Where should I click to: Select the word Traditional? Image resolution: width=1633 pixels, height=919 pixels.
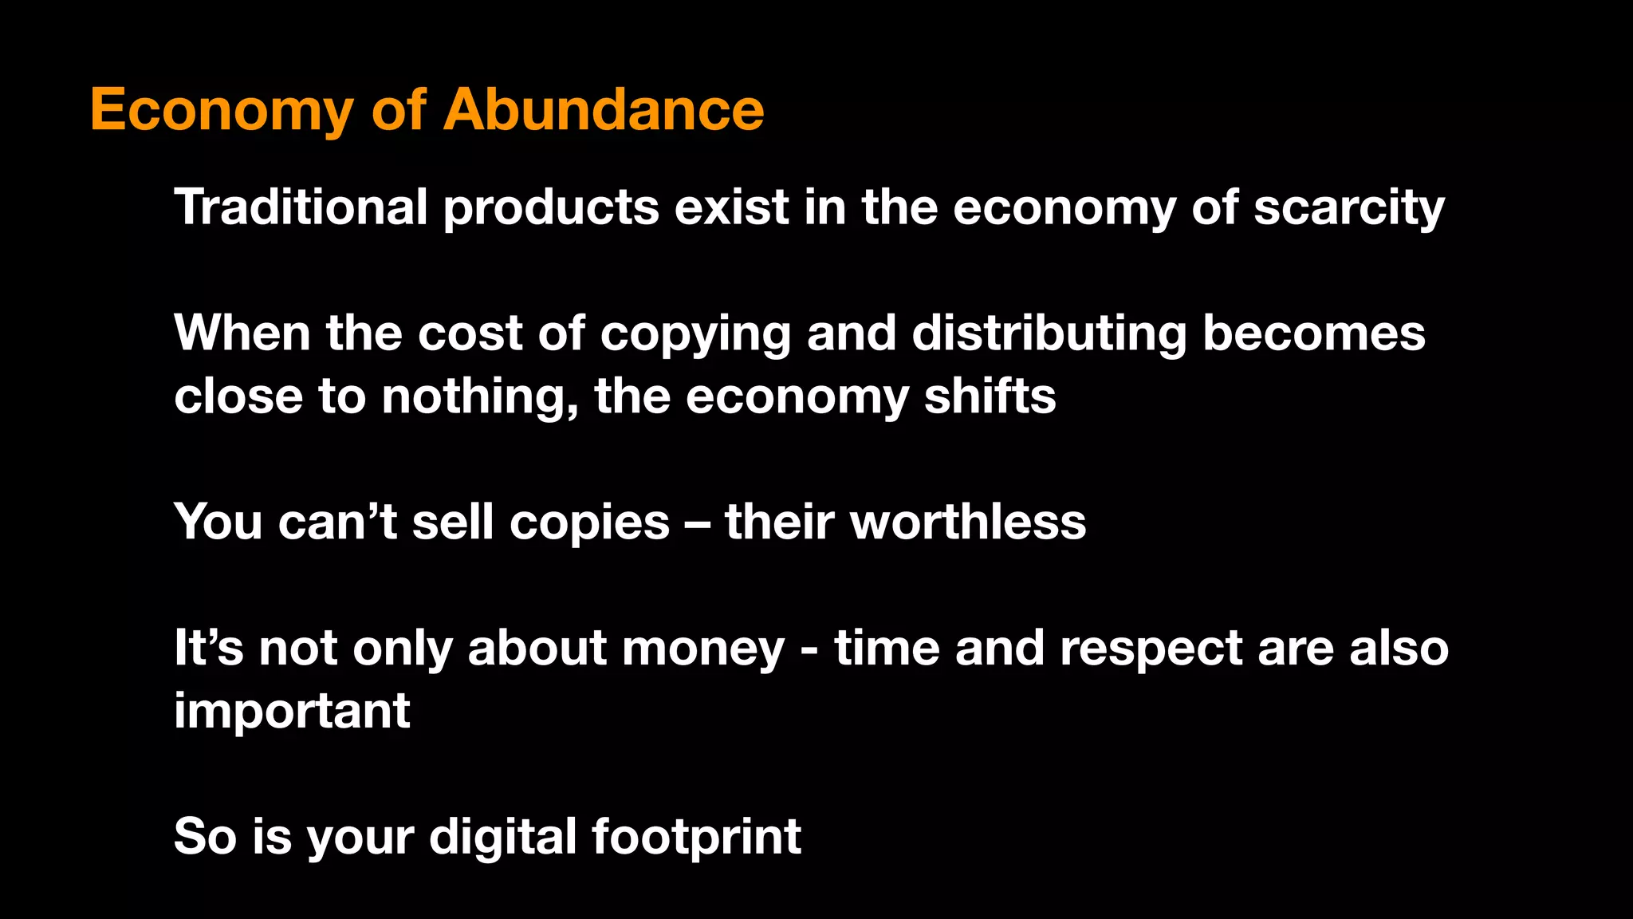[301, 207]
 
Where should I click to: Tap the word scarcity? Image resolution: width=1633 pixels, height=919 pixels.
[1348, 208]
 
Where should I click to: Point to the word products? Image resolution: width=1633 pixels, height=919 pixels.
[551, 208]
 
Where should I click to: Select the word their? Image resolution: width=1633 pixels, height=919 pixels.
[780, 522]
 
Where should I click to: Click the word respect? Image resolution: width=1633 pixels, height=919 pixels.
[1151, 649]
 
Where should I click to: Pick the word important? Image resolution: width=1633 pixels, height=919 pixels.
[292, 711]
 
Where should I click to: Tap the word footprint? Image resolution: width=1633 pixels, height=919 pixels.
[696, 836]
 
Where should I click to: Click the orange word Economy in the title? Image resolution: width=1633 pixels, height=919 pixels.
[221, 111]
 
